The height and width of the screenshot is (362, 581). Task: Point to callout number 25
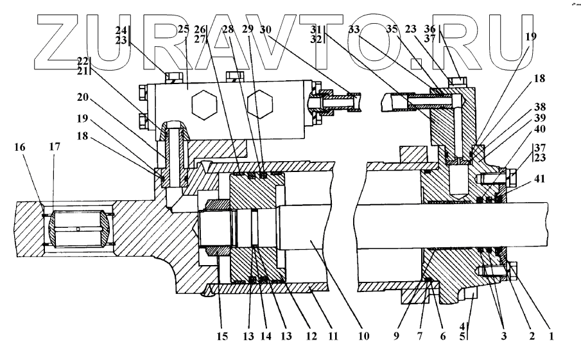(183, 31)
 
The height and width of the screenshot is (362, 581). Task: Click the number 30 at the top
(266, 30)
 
